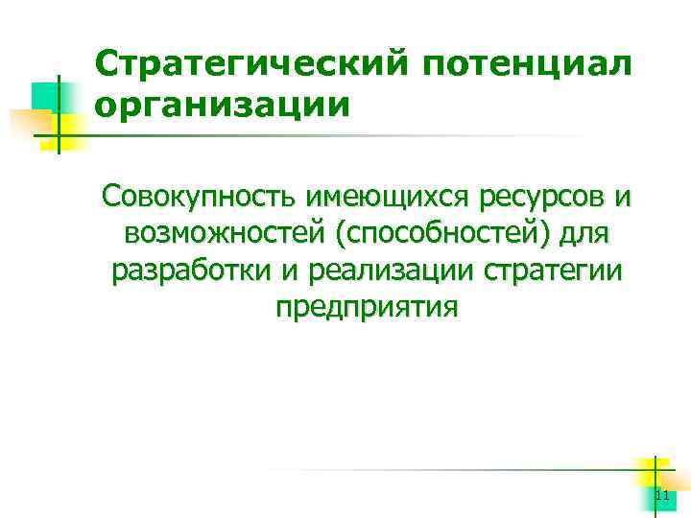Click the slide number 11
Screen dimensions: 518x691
661,496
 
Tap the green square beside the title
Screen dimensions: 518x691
45,95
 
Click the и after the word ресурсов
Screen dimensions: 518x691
622,199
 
